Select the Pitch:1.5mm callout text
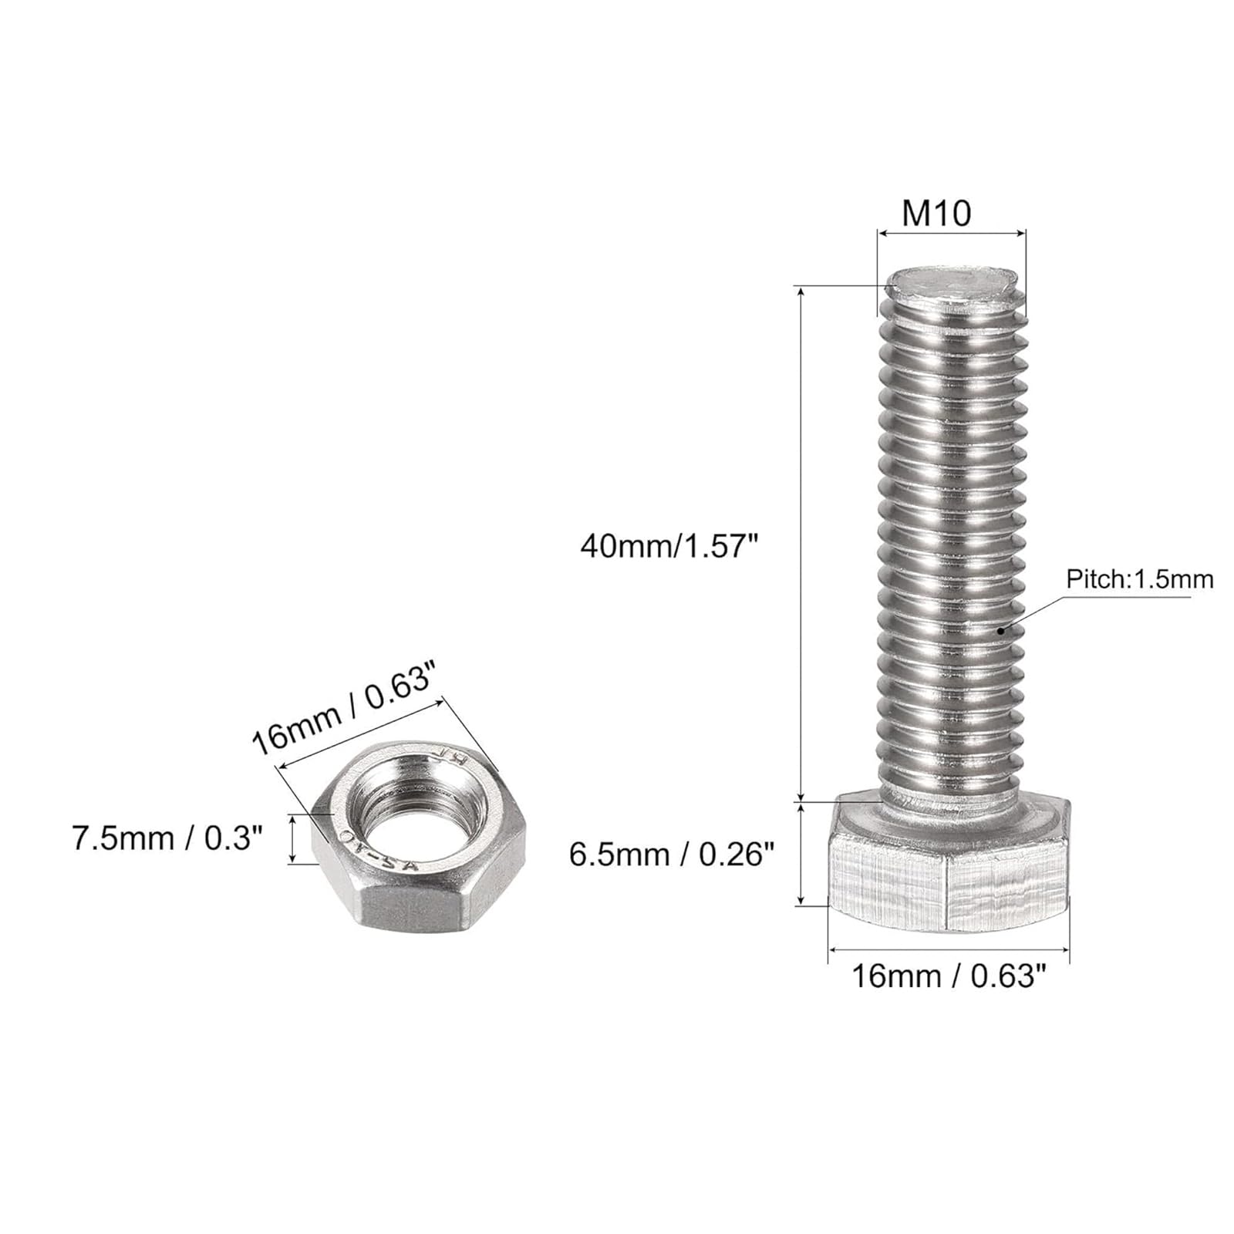coord(1140,579)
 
